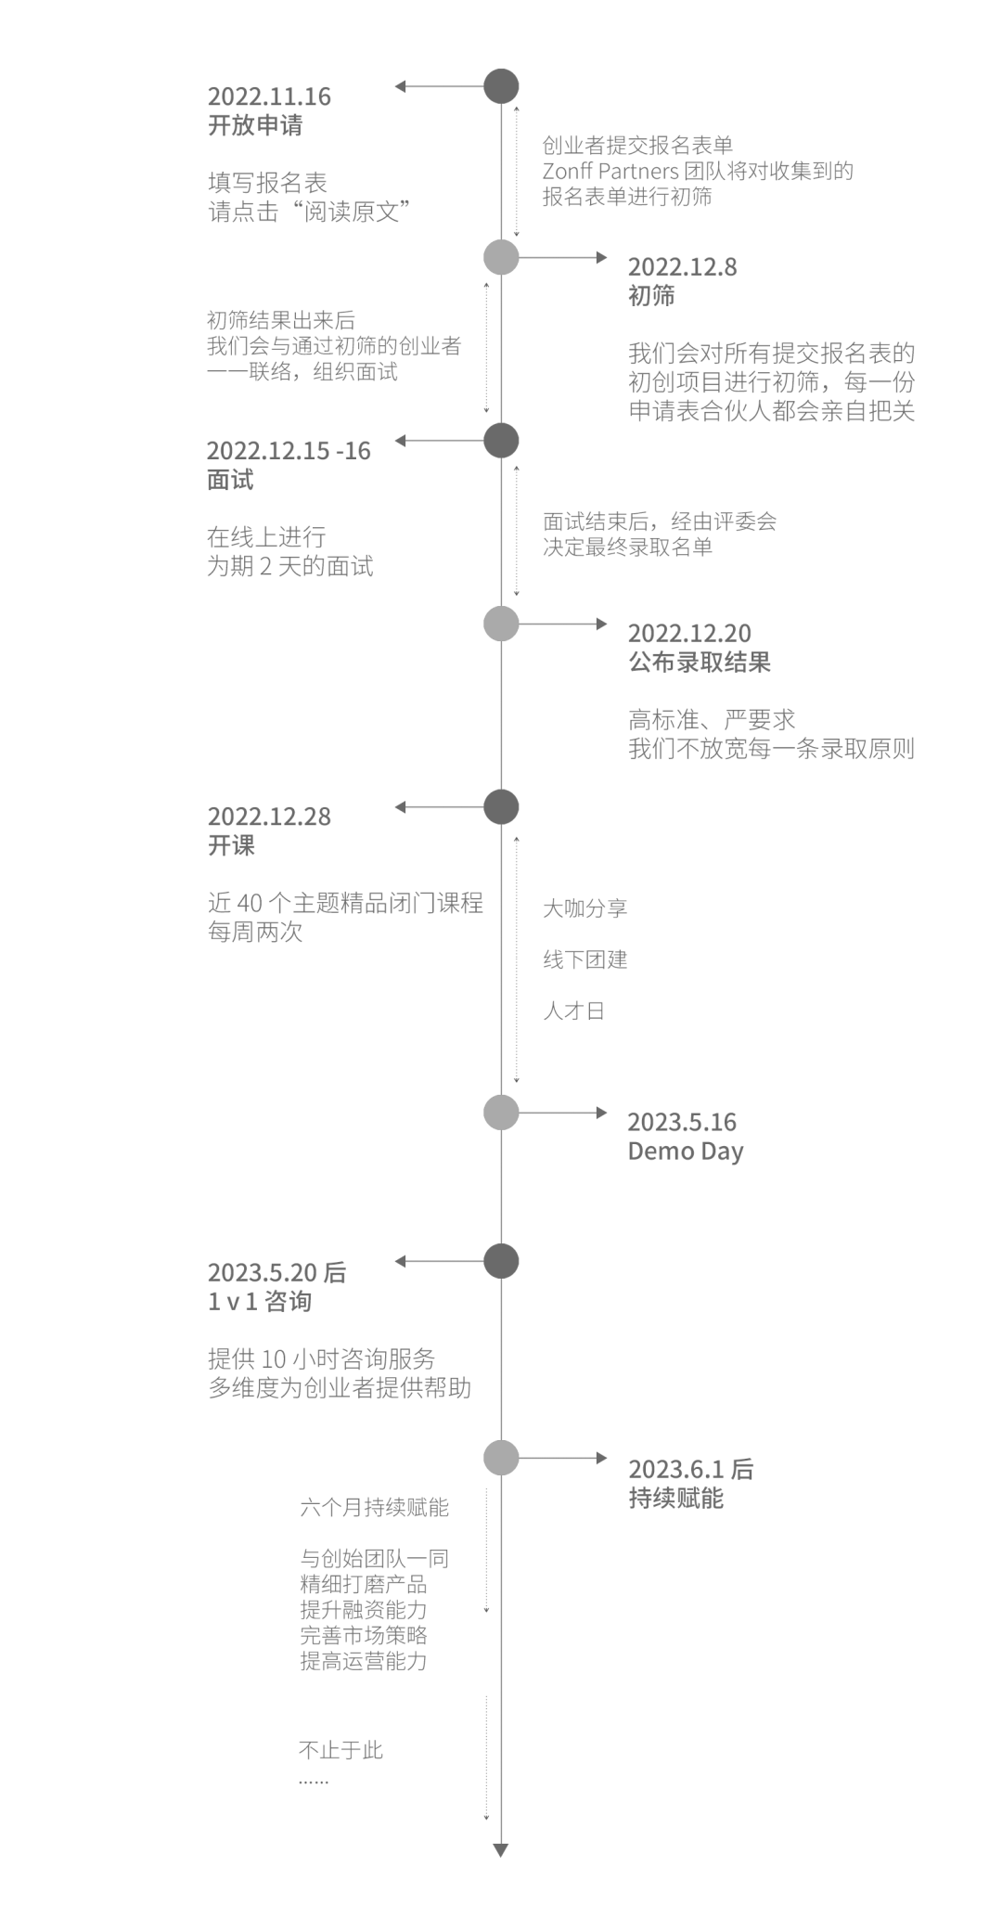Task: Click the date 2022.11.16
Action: pos(269,97)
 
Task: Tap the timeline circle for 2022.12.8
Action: pos(501,257)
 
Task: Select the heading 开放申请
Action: pos(255,125)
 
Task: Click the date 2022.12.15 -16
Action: pos(289,451)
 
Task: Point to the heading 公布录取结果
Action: pos(700,663)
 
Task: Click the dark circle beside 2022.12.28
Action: pos(501,807)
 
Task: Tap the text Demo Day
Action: pos(686,1152)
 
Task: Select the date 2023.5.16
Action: pos(682,1122)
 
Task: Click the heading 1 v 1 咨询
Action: pos(260,1302)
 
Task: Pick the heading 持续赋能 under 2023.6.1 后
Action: pos(675,1499)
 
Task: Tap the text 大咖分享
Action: pos(585,908)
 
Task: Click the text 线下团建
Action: pos(585,959)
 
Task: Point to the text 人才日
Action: pos(574,1010)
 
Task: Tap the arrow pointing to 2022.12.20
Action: pos(562,624)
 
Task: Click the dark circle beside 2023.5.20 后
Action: pos(501,1261)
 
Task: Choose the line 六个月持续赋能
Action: pos(374,1508)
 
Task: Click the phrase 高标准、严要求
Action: pos(712,720)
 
